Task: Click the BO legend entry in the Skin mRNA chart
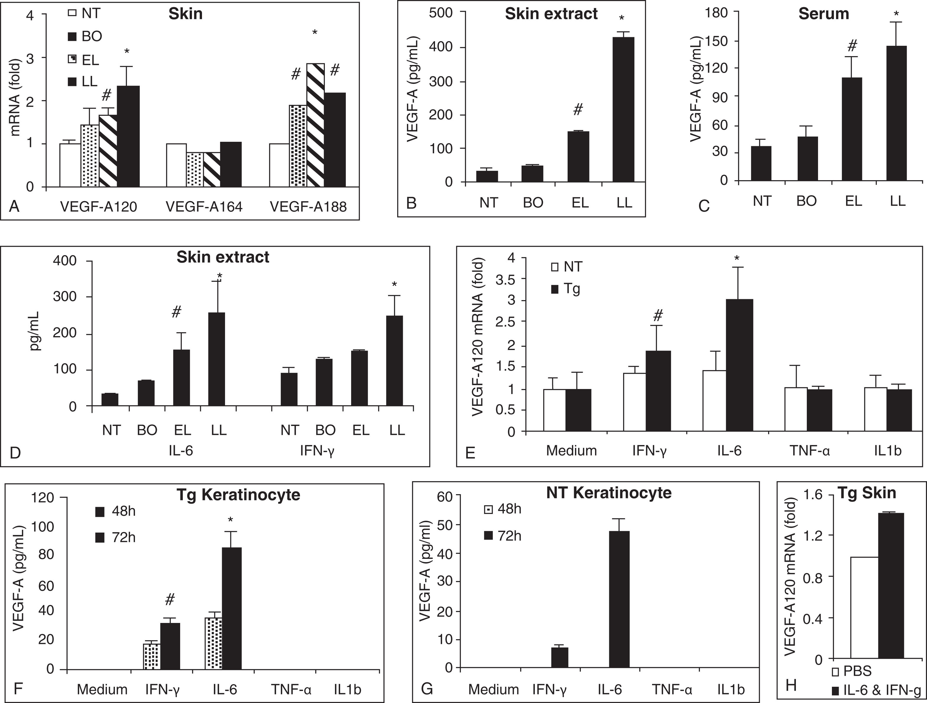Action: (85, 36)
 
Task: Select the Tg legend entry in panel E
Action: (567, 289)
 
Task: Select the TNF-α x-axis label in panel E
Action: (810, 451)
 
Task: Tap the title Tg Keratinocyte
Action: (238, 495)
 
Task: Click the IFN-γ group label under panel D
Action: (317, 451)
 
